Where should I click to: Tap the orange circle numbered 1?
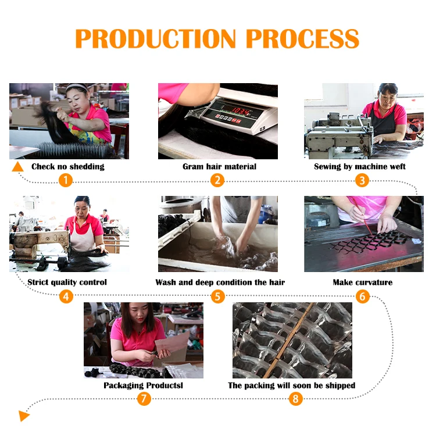(66, 180)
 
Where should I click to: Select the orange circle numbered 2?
(217, 180)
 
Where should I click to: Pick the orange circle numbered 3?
(363, 180)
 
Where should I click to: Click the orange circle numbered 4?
(66, 296)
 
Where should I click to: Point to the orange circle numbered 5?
(217, 296)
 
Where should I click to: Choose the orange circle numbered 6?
(363, 296)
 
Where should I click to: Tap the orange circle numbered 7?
(144, 399)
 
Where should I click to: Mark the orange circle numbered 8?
(296, 399)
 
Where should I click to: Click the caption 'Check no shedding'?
(68, 167)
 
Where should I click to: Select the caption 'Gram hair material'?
(219, 167)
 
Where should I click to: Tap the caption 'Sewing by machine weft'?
(360, 167)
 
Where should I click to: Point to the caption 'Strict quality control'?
(67, 283)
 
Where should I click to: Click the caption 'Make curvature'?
(362, 283)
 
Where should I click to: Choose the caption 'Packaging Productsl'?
(143, 385)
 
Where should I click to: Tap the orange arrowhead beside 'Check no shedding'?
(19, 167)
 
